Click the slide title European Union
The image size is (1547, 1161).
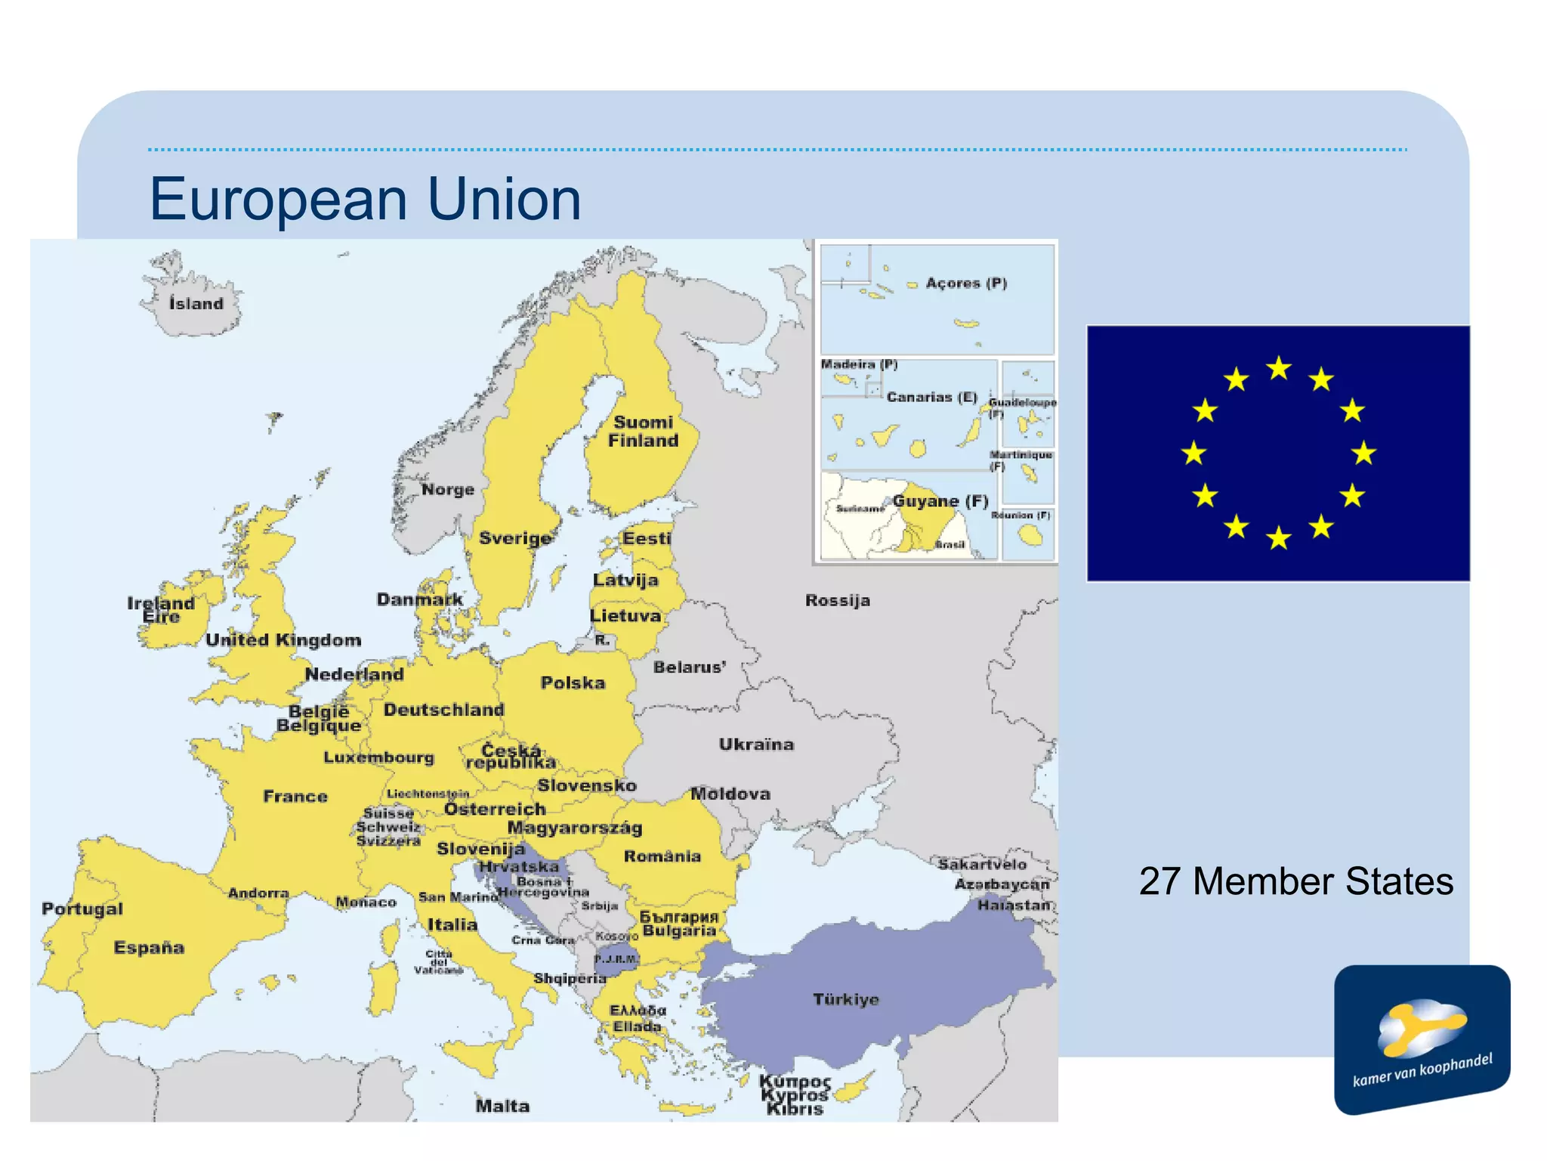click(365, 199)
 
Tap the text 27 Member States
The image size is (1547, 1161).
click(1295, 881)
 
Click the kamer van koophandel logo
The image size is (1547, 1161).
click(1422, 1039)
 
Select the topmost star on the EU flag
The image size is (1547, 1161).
click(1279, 368)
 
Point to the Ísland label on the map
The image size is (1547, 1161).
click(196, 304)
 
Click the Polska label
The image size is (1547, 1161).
click(573, 683)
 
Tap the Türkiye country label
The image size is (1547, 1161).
click(846, 999)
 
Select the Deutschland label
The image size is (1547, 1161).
click(443, 710)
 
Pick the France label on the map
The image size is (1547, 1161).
click(295, 796)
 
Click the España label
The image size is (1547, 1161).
click(149, 948)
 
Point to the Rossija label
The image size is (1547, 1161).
click(837, 601)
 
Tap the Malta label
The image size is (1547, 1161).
click(502, 1106)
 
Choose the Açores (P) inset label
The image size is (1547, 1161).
click(966, 283)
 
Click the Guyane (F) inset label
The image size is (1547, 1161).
click(940, 501)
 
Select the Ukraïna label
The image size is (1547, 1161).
click(756, 745)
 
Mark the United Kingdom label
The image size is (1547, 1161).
click(283, 640)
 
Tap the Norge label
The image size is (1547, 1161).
click(448, 490)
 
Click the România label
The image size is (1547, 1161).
click(662, 856)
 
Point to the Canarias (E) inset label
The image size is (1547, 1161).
click(931, 398)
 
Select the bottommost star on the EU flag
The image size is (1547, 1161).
click(1279, 538)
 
